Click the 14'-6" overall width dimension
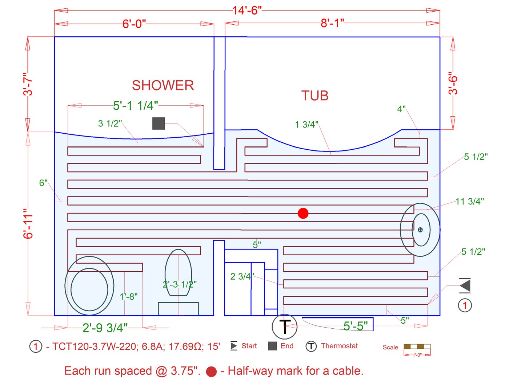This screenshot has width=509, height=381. [247, 11]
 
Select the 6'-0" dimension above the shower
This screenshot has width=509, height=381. [134, 24]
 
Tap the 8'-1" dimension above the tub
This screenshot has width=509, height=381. [332, 23]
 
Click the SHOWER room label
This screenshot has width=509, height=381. [163, 85]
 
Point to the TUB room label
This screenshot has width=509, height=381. [315, 96]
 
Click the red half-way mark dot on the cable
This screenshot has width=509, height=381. [303, 213]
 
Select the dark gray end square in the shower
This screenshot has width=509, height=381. [159, 123]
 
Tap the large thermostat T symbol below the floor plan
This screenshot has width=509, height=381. [284, 327]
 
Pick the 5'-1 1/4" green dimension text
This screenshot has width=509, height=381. [135, 106]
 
